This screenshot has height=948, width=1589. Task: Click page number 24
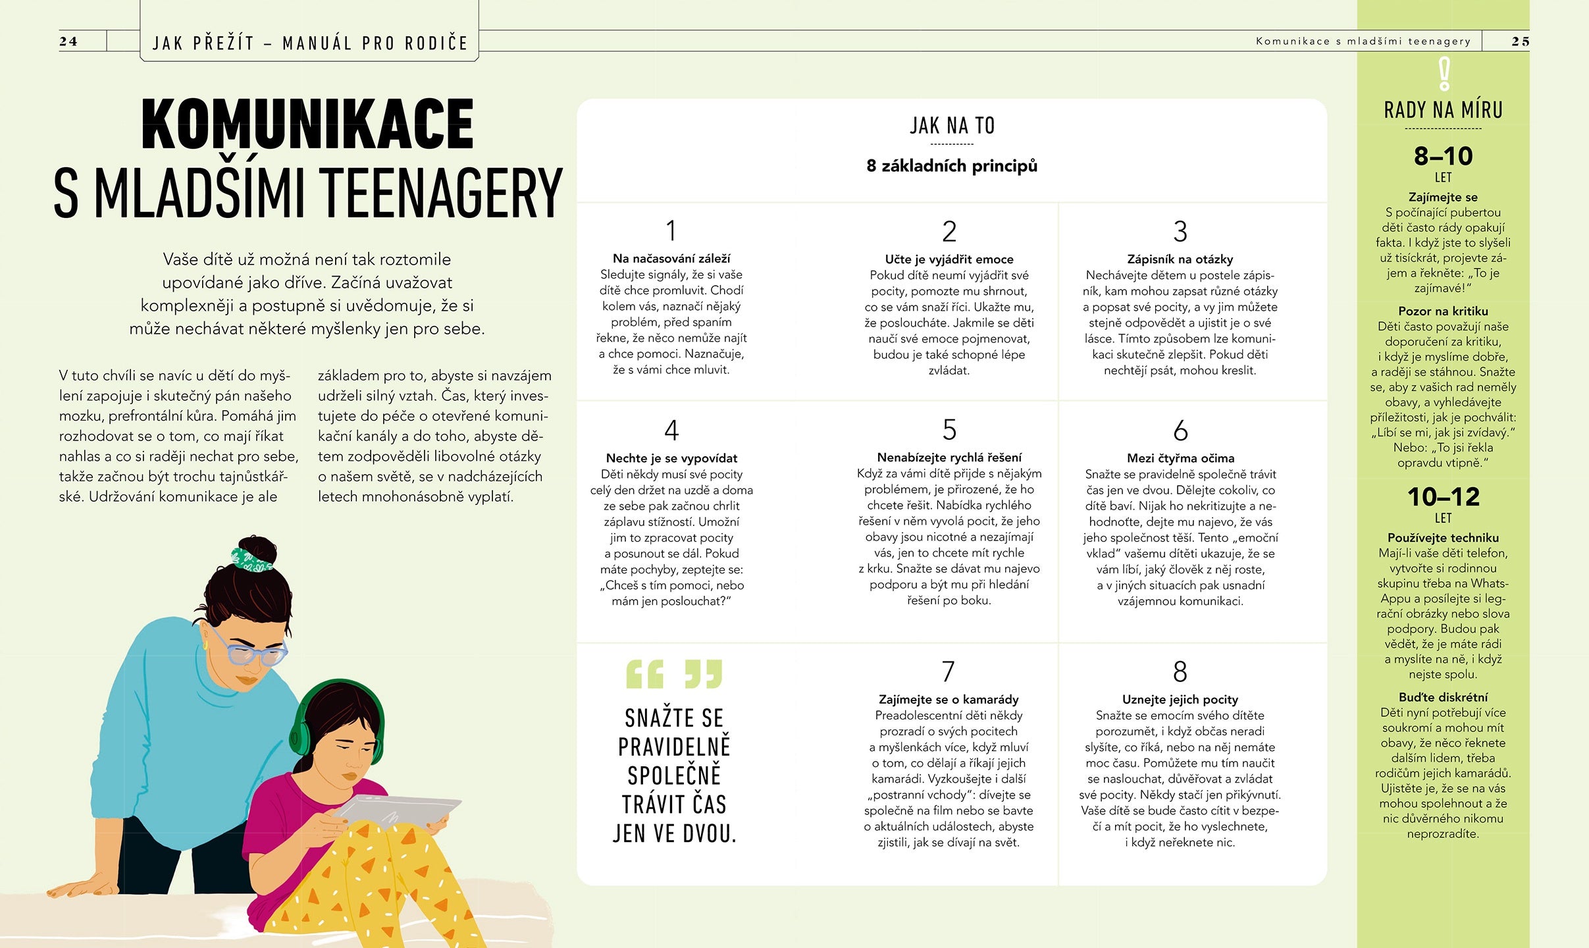click(68, 41)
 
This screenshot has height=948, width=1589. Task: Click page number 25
click(1520, 41)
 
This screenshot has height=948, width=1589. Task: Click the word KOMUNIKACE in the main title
click(307, 124)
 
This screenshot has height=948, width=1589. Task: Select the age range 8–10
click(1443, 157)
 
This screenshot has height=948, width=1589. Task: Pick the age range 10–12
click(1443, 497)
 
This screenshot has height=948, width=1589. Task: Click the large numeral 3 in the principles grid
click(1180, 232)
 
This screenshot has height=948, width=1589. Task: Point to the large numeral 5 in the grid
click(949, 430)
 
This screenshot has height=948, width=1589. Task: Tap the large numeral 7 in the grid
click(948, 671)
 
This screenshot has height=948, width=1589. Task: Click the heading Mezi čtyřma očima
click(1180, 458)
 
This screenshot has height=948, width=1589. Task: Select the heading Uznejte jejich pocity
click(1180, 700)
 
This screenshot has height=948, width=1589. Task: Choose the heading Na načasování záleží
click(671, 259)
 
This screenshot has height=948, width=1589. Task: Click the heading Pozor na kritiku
click(1443, 311)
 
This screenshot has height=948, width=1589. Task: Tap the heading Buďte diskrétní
click(1443, 697)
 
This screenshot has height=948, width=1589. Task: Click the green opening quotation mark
click(644, 674)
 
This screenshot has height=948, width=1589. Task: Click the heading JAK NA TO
click(952, 126)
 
